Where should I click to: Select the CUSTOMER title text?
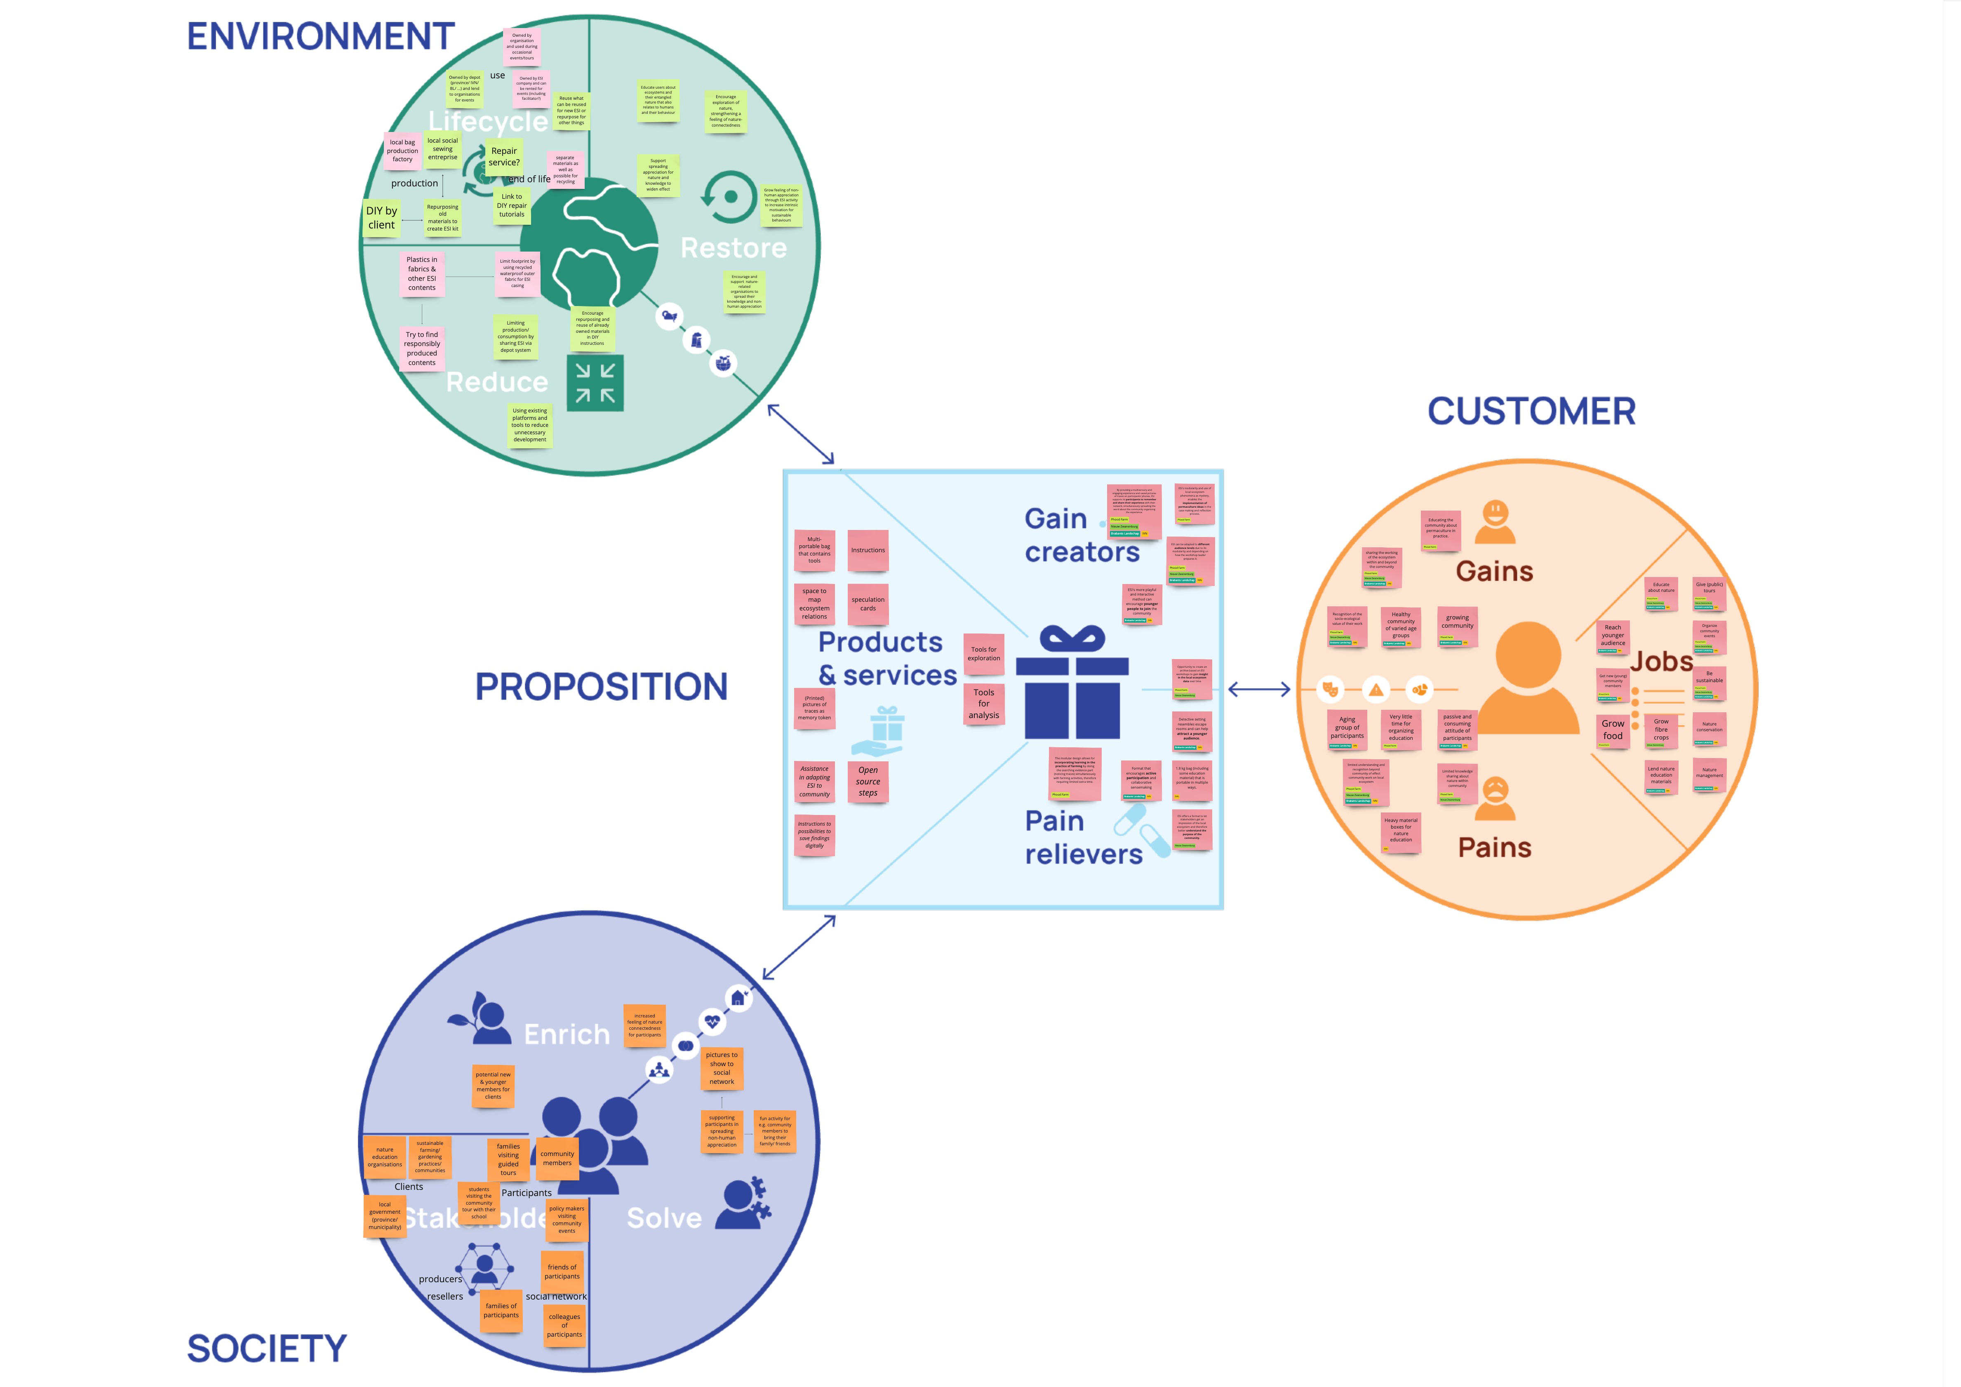(1531, 412)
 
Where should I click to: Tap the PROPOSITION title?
(601, 687)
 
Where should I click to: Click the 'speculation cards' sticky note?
(868, 604)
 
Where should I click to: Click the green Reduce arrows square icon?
(595, 383)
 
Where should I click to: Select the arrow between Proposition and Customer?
(1259, 689)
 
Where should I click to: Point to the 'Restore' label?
(734, 248)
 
